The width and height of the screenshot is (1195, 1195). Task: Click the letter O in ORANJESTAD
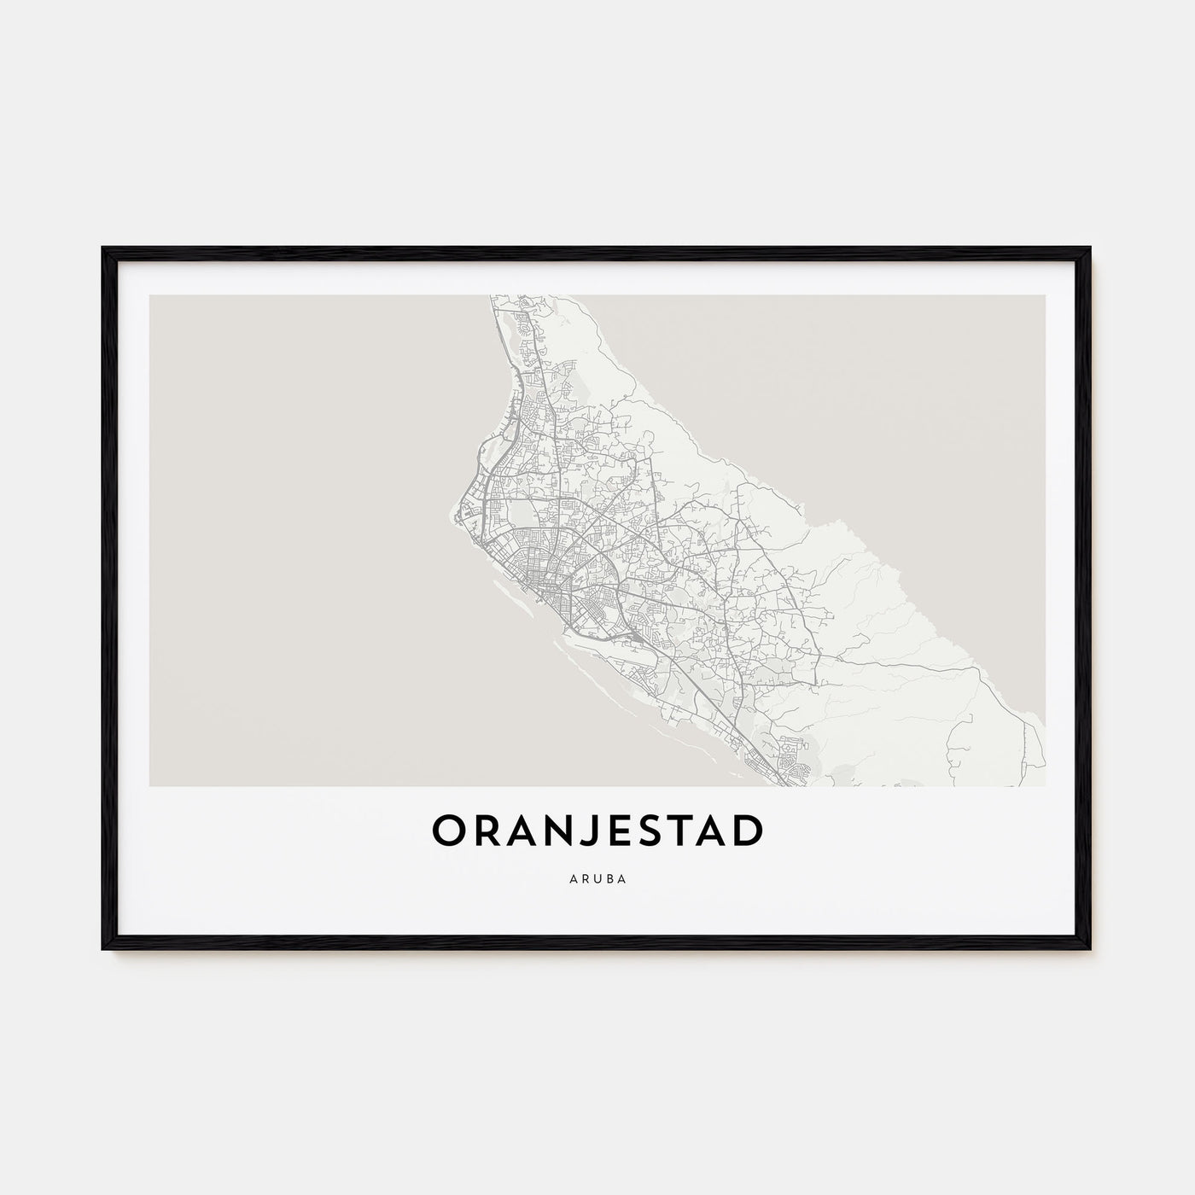[452, 832]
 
